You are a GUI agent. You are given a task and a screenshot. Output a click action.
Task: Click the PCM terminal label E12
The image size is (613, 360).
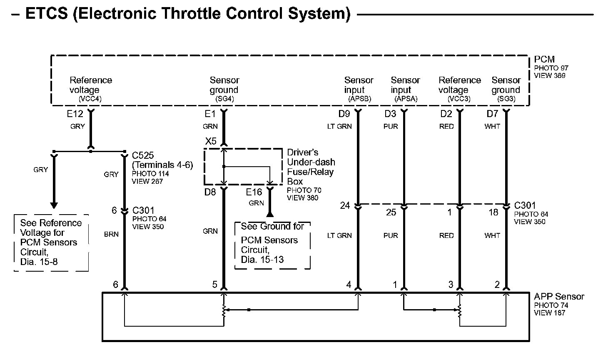75,114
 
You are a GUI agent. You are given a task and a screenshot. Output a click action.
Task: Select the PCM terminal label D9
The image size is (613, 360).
344,114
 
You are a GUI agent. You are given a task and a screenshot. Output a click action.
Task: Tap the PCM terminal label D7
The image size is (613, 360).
492,114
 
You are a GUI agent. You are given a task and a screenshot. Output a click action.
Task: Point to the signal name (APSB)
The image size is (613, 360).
359,99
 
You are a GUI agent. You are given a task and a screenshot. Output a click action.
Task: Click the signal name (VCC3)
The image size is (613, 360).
459,99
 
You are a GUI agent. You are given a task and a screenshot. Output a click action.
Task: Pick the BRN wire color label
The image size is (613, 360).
111,234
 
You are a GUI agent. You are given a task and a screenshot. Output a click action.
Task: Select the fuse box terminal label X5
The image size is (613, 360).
211,141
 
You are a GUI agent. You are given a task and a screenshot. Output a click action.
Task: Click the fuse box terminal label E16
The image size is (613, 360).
254,192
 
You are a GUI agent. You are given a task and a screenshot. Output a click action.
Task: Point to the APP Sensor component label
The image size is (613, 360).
559,297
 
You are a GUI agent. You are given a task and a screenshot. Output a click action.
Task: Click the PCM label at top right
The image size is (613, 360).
544,60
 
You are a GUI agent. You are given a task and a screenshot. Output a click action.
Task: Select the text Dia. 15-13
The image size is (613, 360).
262,260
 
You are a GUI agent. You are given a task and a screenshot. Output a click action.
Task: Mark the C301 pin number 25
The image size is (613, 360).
391,212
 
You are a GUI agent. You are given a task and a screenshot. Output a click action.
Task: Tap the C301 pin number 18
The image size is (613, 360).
493,212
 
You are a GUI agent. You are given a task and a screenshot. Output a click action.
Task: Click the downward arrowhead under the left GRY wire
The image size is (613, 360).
54,205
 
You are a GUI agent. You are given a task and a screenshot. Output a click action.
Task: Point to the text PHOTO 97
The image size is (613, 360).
551,68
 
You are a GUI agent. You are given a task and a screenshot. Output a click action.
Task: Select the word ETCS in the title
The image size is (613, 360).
47,14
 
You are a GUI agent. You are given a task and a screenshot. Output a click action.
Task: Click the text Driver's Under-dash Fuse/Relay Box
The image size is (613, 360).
311,167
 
